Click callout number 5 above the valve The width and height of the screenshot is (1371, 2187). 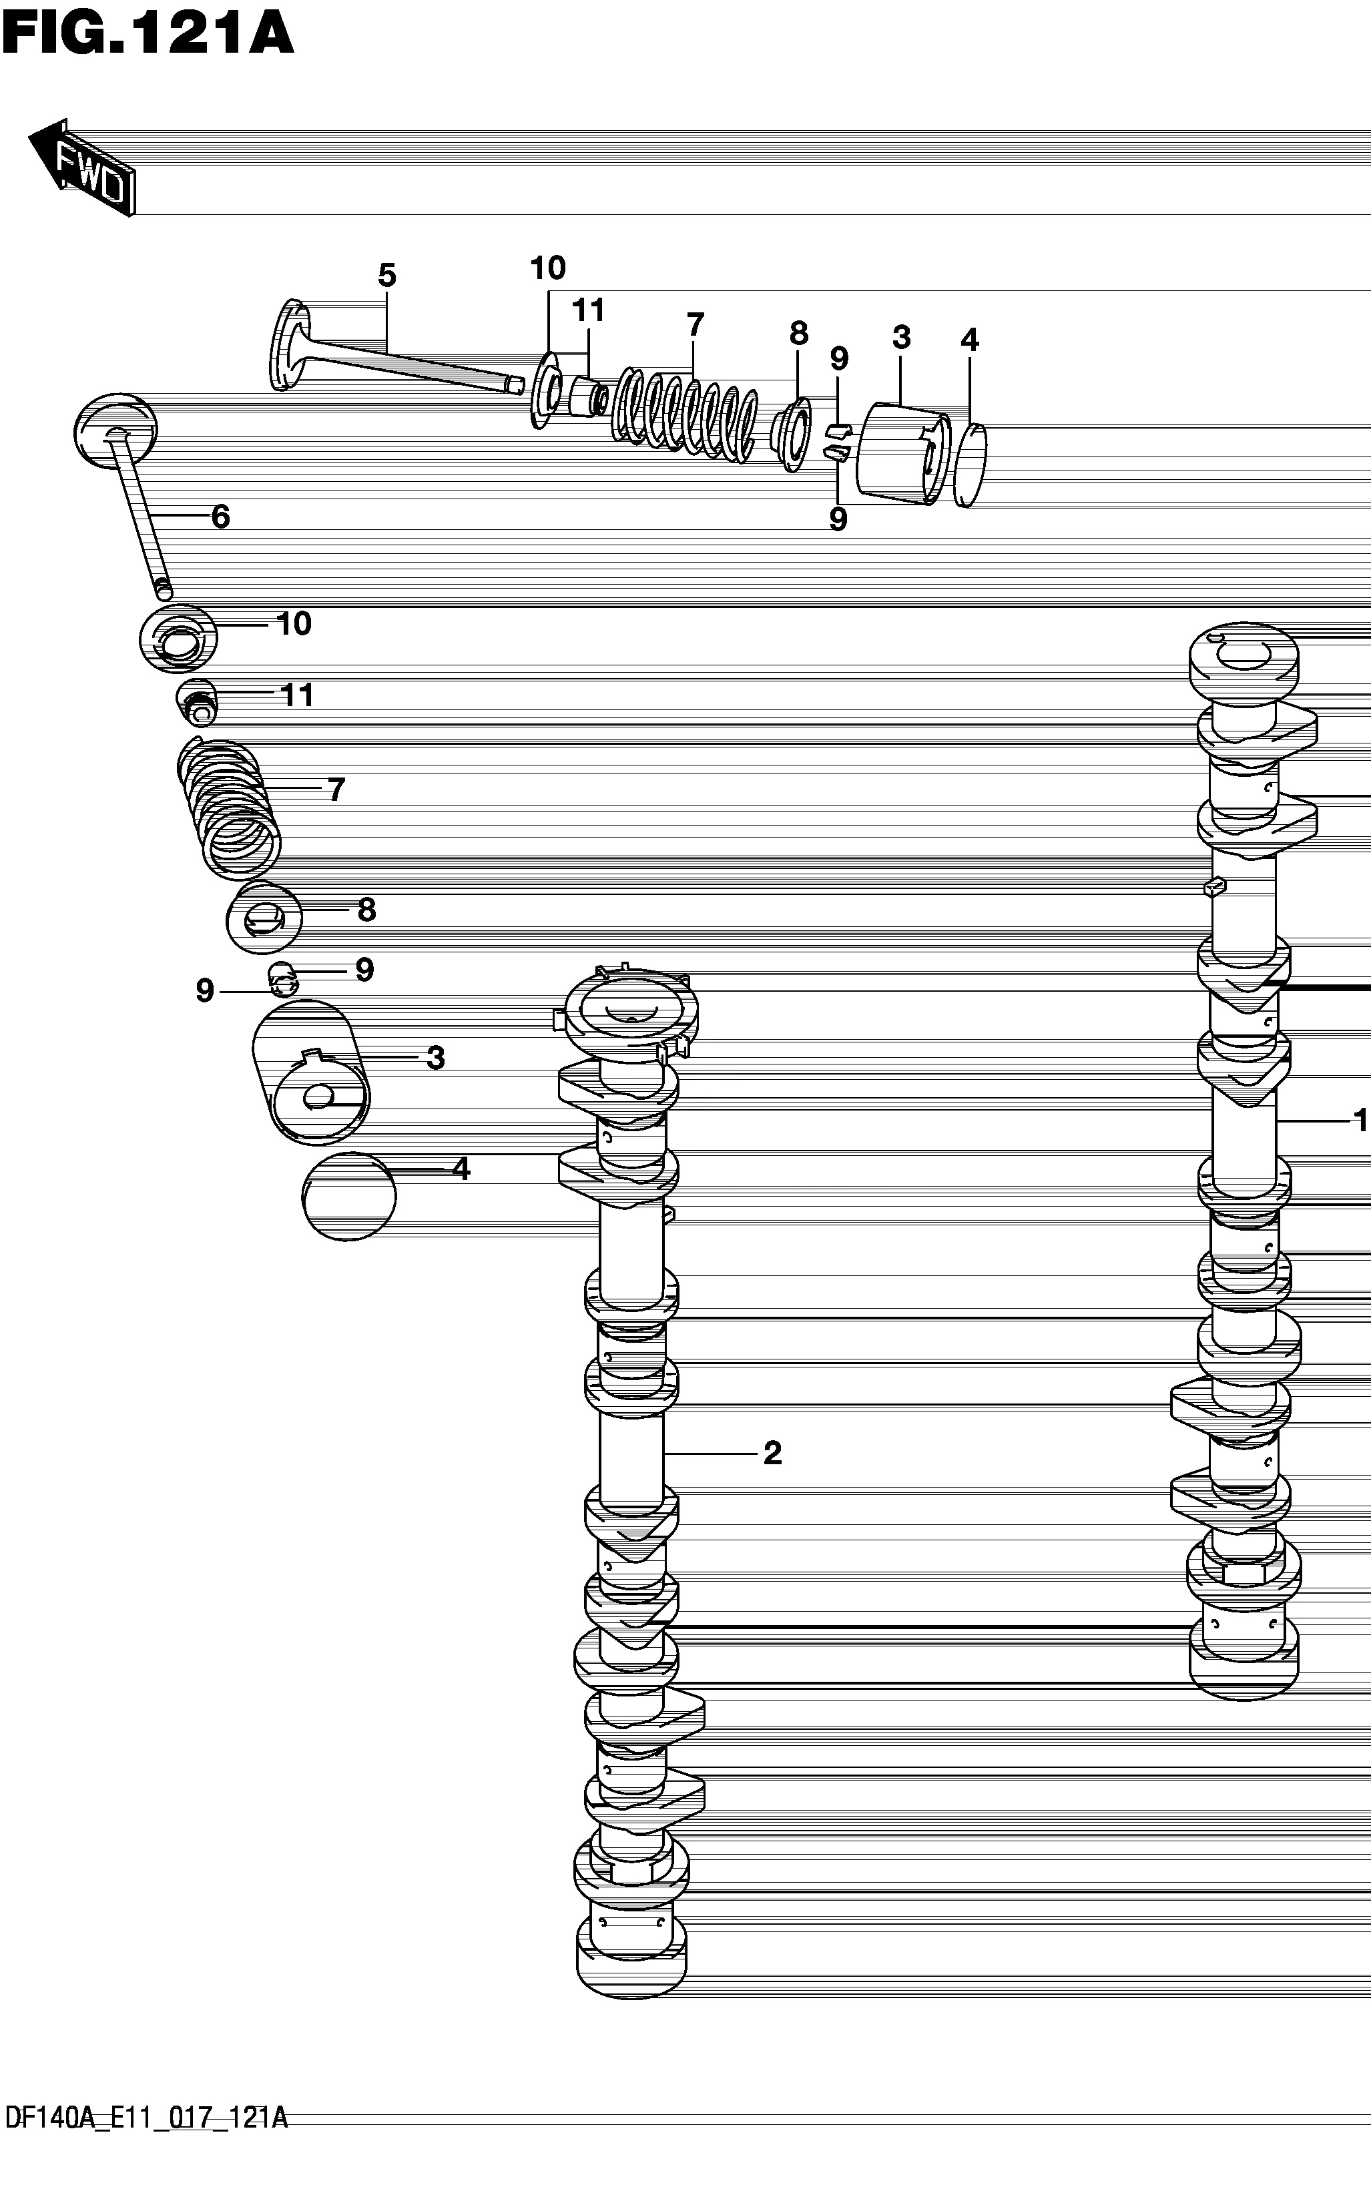[x=387, y=276]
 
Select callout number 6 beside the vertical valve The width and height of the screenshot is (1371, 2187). [x=220, y=517]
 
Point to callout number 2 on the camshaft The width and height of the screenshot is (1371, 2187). [x=772, y=1453]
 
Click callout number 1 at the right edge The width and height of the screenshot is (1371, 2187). [x=1360, y=1121]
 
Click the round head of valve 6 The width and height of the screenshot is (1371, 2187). [x=114, y=430]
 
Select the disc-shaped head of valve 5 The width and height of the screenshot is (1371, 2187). [x=289, y=344]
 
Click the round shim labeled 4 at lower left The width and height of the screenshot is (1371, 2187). [x=349, y=1197]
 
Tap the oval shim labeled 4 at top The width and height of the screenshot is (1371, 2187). [x=971, y=465]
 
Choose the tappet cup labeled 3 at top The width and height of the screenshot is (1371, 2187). [x=904, y=452]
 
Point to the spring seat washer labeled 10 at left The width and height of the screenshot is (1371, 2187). [x=179, y=639]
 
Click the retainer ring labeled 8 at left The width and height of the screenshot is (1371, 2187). [x=264, y=917]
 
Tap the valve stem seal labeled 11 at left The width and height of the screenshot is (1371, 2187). [x=197, y=702]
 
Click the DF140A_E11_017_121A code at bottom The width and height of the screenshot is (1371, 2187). [x=147, y=2144]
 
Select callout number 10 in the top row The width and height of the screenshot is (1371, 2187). [x=548, y=268]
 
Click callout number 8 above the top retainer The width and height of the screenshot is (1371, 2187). [x=798, y=334]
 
